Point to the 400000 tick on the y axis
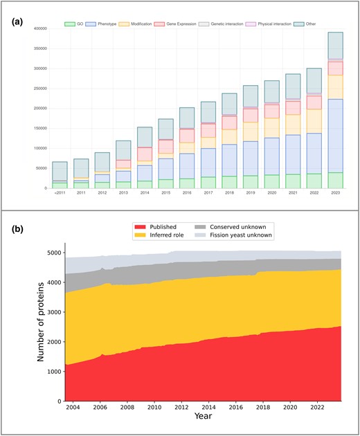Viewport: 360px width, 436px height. tap(38, 29)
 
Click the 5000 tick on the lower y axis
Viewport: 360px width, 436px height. tap(52, 253)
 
